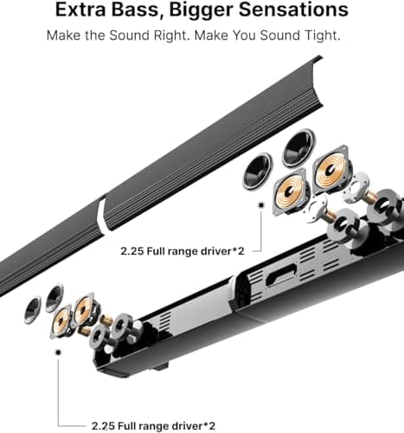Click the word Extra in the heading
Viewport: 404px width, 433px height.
click(81, 10)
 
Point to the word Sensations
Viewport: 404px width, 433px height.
click(293, 10)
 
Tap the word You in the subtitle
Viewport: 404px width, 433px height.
click(245, 36)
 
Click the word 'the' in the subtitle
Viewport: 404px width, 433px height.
click(94, 36)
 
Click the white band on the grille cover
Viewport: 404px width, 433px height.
click(101, 214)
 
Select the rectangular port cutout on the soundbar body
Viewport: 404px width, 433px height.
click(282, 275)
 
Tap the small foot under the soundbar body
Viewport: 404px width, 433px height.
click(160, 366)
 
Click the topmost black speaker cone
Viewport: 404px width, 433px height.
click(298, 147)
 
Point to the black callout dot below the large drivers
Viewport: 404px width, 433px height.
click(261, 205)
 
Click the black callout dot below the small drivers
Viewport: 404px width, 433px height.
click(59, 352)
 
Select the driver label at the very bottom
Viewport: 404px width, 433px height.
click(153, 426)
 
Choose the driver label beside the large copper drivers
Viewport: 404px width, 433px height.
click(183, 251)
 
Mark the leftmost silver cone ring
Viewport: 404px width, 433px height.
click(32, 309)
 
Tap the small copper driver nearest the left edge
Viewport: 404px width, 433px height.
click(62, 321)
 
